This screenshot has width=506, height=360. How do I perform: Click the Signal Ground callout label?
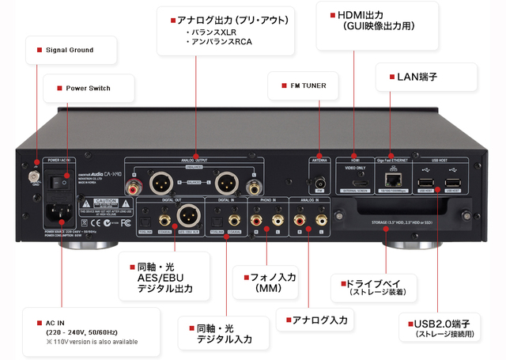coord(70,50)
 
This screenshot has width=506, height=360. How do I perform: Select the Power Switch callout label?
coord(88,88)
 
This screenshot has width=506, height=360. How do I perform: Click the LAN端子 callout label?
coord(417,77)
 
